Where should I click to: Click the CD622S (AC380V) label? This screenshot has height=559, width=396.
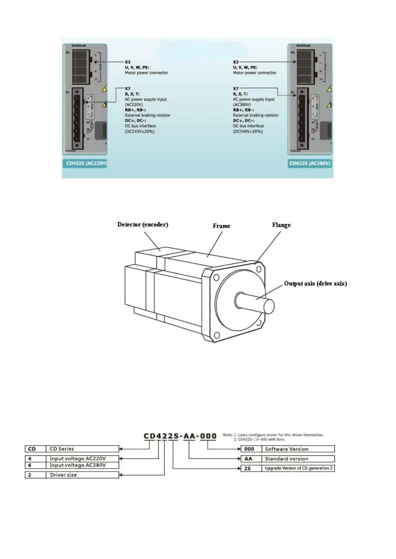point(310,163)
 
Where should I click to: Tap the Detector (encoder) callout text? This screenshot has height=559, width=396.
point(143,225)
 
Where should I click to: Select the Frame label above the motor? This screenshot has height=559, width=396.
point(221,226)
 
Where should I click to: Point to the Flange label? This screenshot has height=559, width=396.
point(281,225)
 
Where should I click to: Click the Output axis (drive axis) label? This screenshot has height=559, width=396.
point(315,283)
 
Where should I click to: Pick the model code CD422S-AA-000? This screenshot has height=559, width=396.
point(180,436)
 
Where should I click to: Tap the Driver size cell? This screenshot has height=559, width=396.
point(82,475)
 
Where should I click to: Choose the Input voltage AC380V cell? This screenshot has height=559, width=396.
point(82,465)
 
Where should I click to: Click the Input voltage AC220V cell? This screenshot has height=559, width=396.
point(82,458)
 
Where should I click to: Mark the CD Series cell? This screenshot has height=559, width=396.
point(82,449)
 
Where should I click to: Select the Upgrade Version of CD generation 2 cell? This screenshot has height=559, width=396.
point(298,468)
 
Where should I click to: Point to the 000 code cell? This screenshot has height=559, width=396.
point(249,449)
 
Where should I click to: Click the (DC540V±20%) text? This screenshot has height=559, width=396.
point(248,131)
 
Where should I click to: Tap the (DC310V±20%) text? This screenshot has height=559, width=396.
point(140,131)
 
